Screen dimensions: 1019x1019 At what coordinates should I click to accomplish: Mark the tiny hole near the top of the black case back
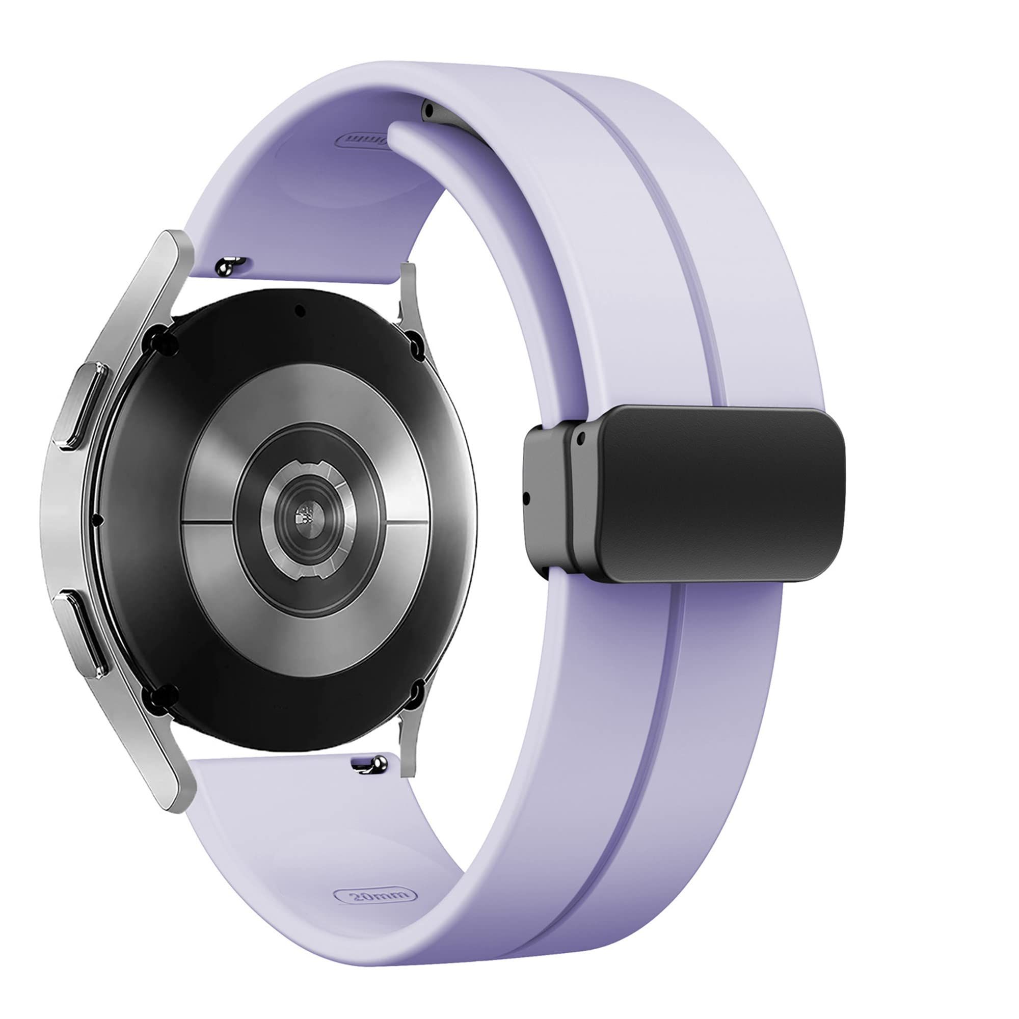pos(300,310)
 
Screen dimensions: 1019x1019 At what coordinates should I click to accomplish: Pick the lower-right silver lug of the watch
pos(408,733)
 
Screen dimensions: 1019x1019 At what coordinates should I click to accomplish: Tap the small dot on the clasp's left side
pos(526,496)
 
